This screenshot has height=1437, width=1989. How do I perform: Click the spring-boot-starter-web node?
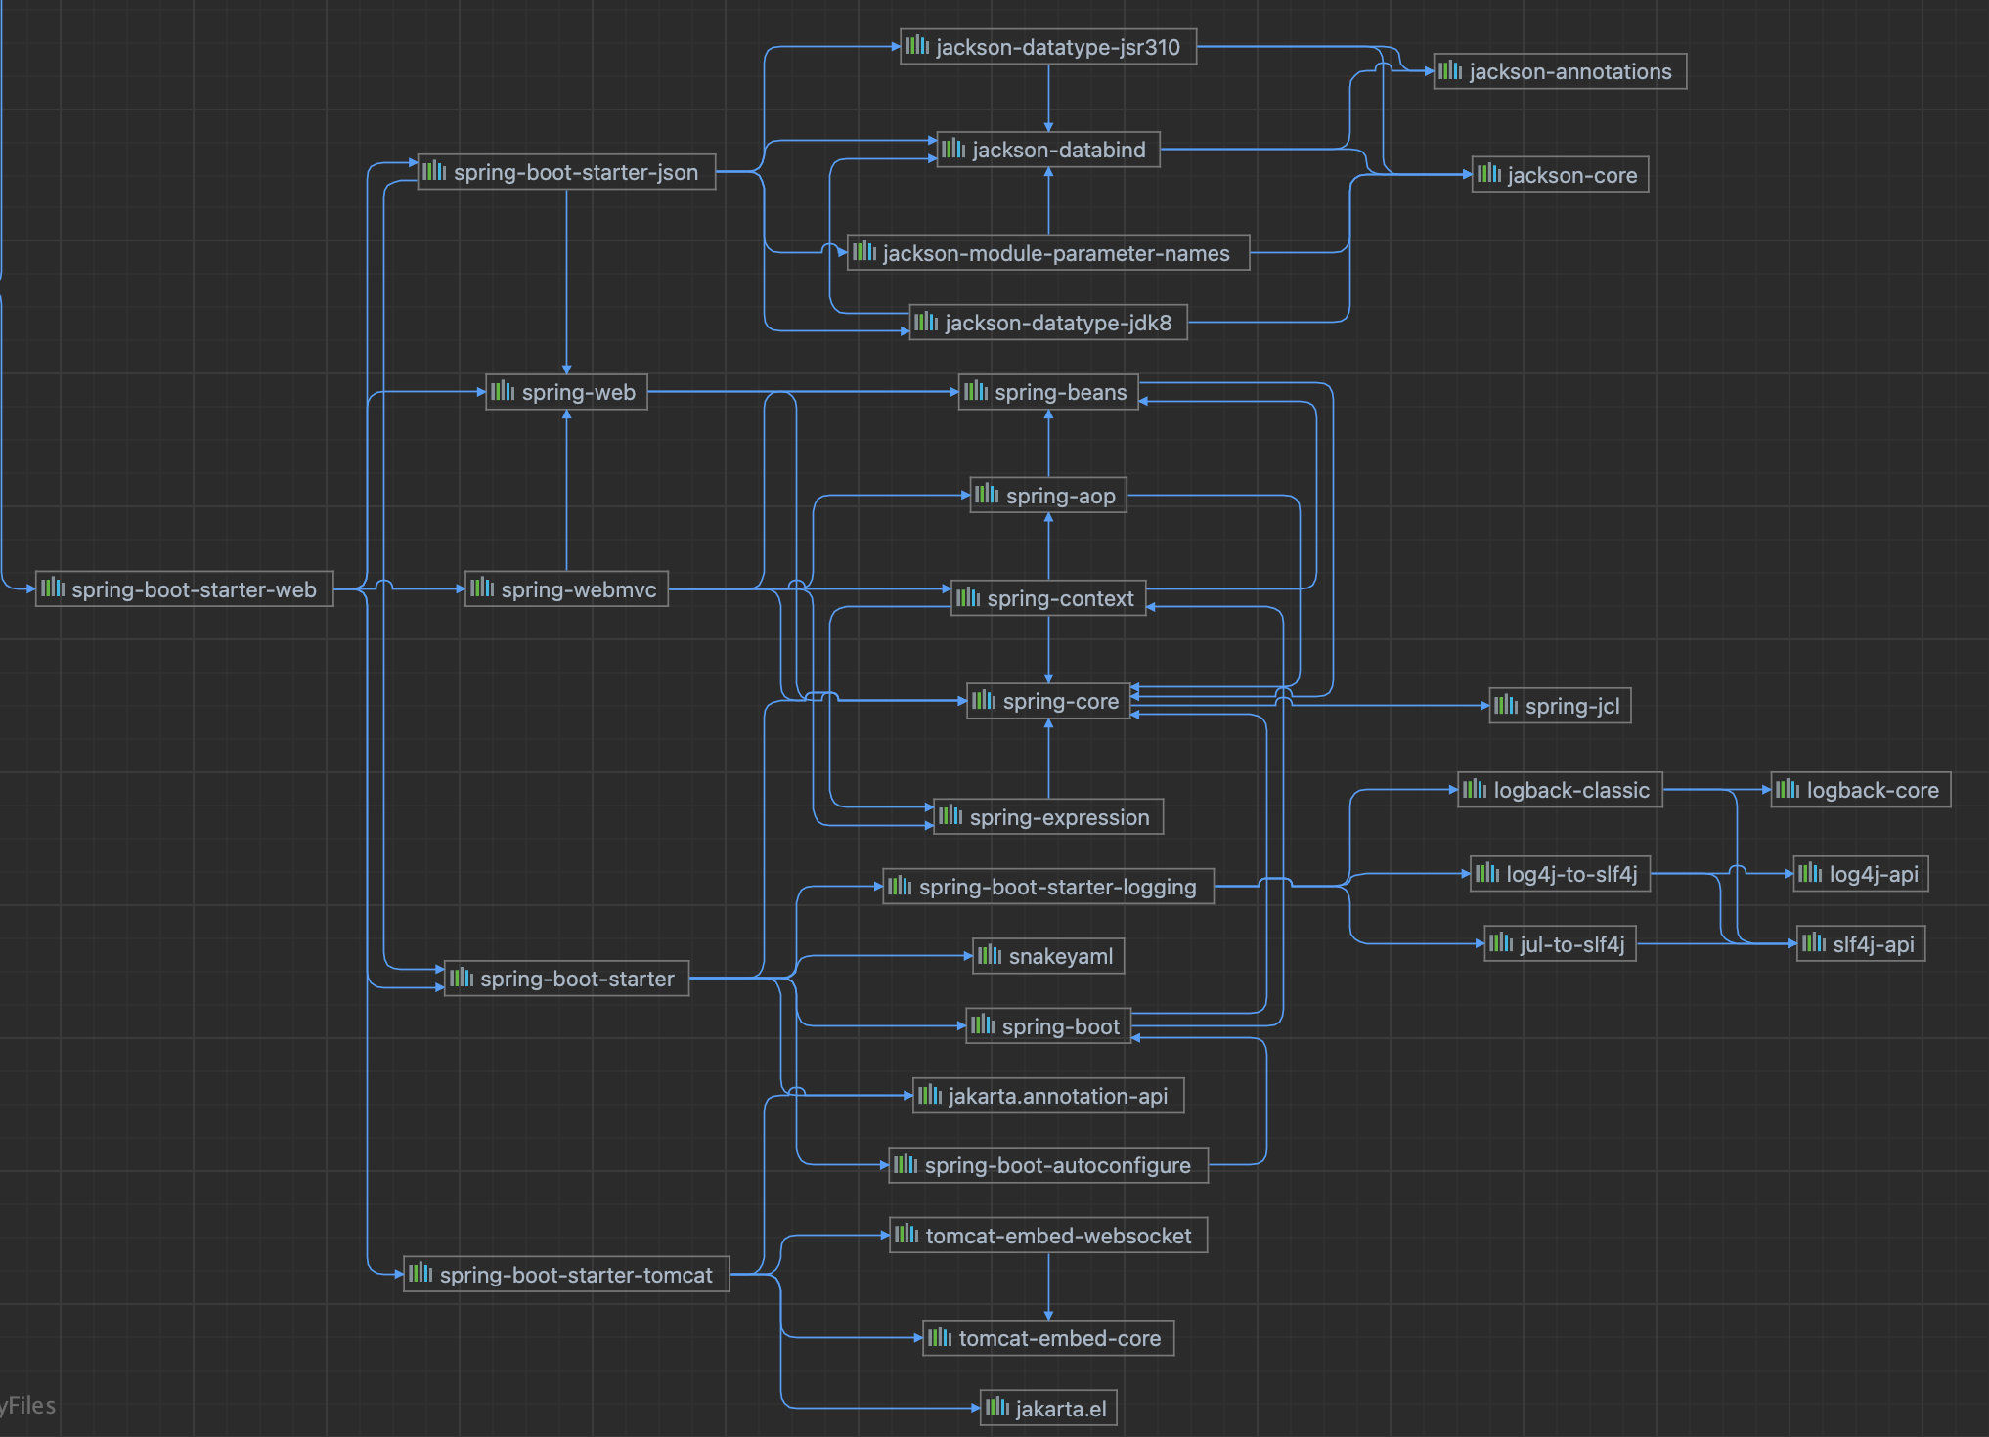pos(185,589)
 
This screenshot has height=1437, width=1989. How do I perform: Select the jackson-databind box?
pos(1048,150)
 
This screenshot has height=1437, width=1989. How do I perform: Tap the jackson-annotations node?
pos(1560,71)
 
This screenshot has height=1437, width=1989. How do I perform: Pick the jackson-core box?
pos(1561,175)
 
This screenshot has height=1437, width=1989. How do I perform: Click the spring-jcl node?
pos(1561,706)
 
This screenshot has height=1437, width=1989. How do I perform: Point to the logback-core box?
pos(1861,790)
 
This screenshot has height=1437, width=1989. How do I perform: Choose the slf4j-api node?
pos(1862,944)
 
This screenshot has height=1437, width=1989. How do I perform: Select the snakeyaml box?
pos(1048,956)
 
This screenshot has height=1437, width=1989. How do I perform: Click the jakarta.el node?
pos(1048,1409)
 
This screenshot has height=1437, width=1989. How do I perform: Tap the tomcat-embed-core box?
pos(1048,1338)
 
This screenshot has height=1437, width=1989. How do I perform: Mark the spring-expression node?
pos(1048,817)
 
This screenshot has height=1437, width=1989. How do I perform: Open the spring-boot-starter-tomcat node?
pos(566,1275)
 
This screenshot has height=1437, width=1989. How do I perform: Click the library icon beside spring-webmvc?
pos(482,588)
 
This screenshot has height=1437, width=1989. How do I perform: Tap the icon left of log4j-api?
pos(1810,873)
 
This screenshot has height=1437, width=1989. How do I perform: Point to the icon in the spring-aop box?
pos(987,495)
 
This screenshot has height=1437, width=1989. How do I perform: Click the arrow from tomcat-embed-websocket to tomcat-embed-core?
pos(1048,1286)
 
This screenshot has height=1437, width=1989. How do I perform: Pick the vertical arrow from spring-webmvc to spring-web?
pos(566,489)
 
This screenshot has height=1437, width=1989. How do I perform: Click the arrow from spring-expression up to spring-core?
pos(1048,759)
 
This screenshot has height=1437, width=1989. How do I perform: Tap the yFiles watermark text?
pos(29,1406)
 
